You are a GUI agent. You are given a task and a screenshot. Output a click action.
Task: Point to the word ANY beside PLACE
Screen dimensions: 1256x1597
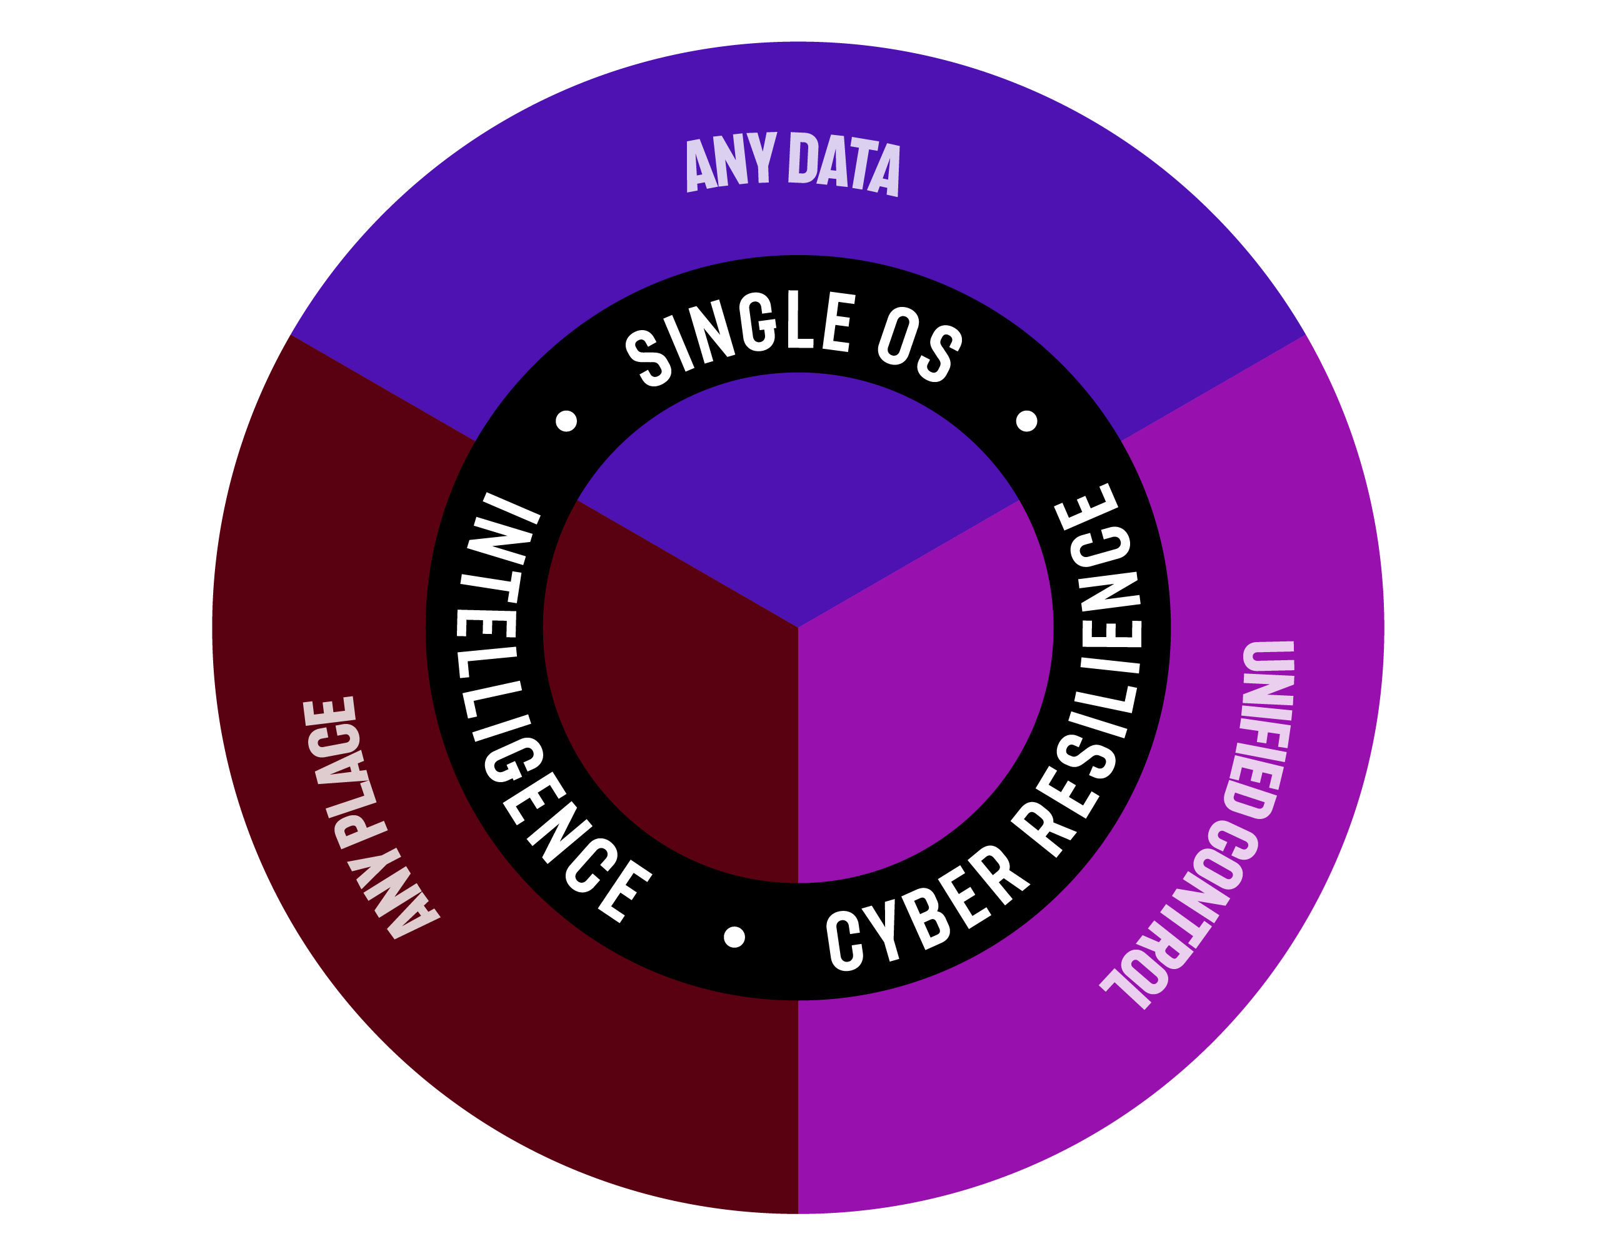[401, 897]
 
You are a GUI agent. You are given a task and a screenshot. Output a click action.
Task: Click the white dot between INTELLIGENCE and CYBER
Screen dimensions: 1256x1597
[734, 937]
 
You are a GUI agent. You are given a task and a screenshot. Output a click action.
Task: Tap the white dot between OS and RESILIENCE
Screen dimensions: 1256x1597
[1026, 421]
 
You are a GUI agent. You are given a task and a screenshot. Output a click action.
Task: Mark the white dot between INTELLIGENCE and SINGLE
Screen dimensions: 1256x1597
[566, 421]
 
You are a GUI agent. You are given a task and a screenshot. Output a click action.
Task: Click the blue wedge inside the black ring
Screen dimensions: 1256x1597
[798, 500]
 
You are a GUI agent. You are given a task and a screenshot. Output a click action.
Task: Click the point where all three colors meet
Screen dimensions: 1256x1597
[798, 627]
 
